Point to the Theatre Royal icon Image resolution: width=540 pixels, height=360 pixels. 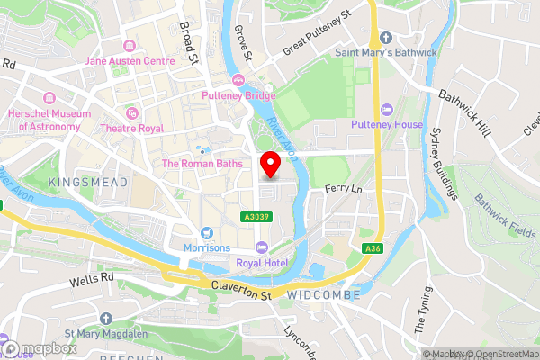[132, 113]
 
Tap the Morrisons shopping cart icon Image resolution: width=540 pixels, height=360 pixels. [208, 232]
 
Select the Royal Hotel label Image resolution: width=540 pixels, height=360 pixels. [261, 262]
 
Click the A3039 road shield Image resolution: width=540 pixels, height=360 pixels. [254, 216]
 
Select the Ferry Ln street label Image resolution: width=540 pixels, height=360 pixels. [343, 190]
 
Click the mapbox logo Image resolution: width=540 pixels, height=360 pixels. [39, 348]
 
